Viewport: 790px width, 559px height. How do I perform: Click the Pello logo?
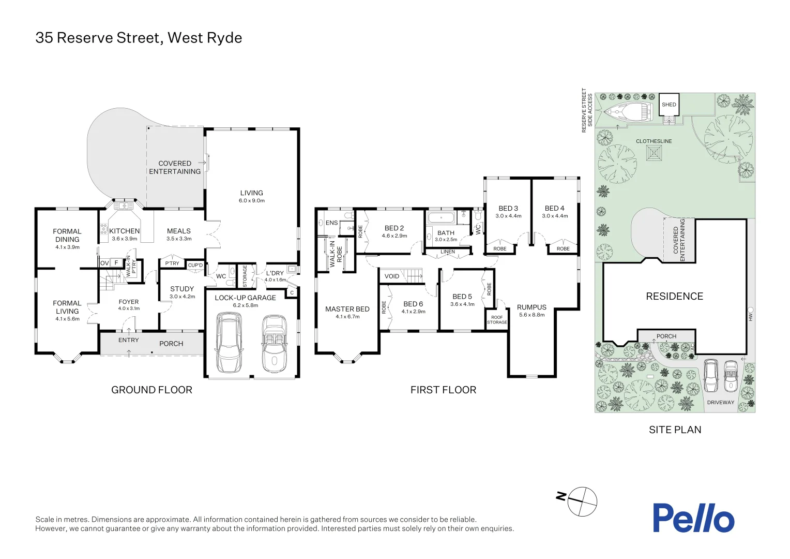(693, 518)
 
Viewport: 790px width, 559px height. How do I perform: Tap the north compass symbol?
(582, 501)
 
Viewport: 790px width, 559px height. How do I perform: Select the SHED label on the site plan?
(669, 105)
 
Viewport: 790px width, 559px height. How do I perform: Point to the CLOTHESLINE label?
(654, 141)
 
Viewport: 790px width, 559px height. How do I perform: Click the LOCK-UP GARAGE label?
(245, 298)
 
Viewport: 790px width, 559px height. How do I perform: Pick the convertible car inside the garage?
(274, 344)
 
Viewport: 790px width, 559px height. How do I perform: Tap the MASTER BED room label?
(347, 309)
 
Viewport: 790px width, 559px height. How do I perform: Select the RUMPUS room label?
(531, 307)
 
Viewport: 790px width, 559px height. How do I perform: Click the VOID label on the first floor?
(392, 276)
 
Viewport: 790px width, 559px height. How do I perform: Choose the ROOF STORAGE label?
(497, 320)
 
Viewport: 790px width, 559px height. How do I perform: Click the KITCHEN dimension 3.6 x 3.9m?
(125, 239)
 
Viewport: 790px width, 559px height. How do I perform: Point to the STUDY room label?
(182, 289)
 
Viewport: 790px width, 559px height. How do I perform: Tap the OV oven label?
(104, 263)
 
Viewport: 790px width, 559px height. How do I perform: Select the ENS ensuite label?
(331, 223)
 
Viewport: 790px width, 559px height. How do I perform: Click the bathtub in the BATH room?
(441, 217)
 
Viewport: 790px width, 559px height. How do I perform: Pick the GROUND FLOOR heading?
(151, 390)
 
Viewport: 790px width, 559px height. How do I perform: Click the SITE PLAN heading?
(675, 430)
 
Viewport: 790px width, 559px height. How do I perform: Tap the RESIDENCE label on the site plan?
(674, 296)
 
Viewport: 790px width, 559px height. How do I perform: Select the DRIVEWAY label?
(720, 402)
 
